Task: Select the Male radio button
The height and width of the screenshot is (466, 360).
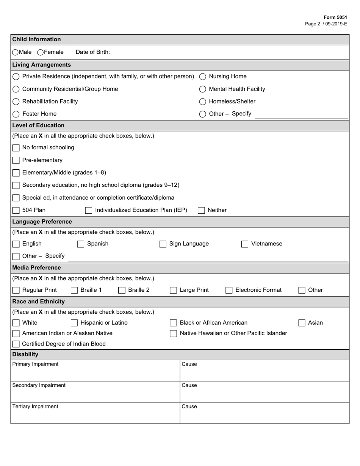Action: click(15, 52)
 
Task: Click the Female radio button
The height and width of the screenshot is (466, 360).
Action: click(40, 52)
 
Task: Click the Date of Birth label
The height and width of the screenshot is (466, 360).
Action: click(93, 52)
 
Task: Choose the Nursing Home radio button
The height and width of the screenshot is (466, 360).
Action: click(203, 77)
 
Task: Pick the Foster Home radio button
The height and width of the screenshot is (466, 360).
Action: click(16, 114)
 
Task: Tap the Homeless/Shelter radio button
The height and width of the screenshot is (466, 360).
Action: click(203, 102)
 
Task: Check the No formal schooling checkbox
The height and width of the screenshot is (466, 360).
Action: click(16, 148)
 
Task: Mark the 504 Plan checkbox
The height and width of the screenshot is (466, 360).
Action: click(16, 210)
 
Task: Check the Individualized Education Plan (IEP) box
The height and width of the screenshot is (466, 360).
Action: click(89, 210)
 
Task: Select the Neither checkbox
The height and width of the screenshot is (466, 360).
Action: click(201, 210)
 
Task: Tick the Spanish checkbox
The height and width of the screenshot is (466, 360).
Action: click(81, 244)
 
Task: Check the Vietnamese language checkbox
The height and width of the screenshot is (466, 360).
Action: click(245, 244)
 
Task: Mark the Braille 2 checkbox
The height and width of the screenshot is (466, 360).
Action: click(122, 290)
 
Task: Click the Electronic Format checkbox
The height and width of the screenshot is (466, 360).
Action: click(229, 290)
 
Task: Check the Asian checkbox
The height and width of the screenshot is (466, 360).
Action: click(302, 323)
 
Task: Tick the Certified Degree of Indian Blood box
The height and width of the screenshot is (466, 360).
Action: click(16, 344)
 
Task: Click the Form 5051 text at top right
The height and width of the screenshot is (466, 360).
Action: click(335, 17)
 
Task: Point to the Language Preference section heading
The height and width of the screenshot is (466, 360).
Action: click(42, 222)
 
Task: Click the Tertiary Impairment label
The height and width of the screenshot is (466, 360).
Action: click(35, 407)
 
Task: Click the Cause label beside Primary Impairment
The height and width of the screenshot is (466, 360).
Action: click(189, 364)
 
